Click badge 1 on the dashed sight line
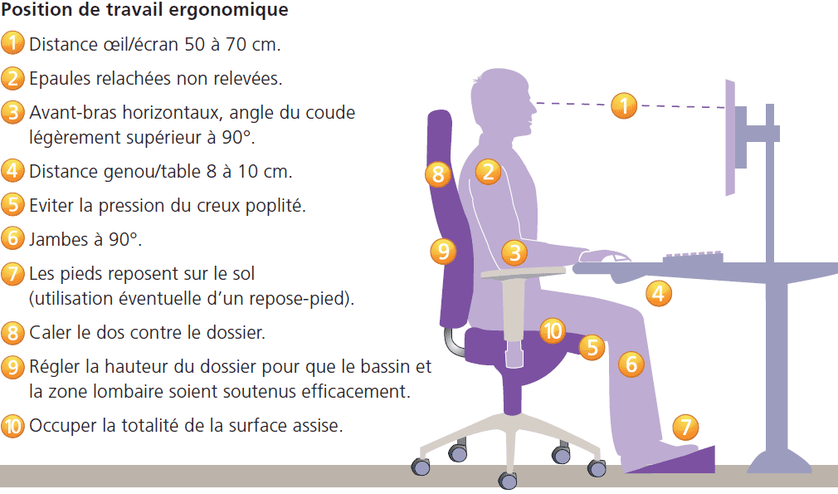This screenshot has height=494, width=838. (624, 105)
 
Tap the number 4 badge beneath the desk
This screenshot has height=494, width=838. (659, 293)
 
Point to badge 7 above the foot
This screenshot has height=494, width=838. (685, 428)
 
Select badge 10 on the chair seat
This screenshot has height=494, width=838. (552, 331)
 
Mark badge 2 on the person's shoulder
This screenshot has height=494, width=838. (488, 172)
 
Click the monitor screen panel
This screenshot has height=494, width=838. (730, 138)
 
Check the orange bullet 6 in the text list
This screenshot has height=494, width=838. (13, 238)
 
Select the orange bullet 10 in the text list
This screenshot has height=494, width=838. (13, 426)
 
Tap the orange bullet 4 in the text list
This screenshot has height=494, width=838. (13, 172)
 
